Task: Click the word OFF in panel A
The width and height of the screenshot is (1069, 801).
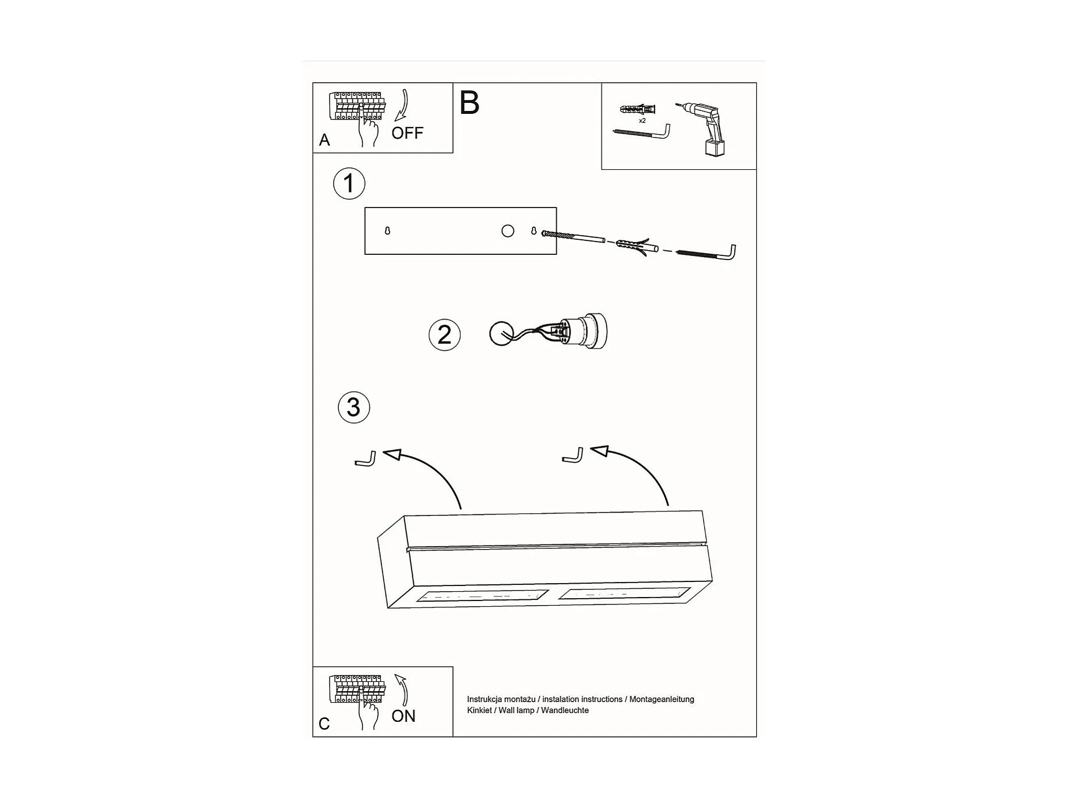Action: tap(407, 133)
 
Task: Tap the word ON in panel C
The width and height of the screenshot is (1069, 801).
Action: tap(403, 716)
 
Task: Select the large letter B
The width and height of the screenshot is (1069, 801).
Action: tap(469, 103)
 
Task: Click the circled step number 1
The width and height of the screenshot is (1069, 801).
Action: tap(349, 184)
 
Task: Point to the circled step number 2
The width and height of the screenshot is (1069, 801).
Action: tap(444, 335)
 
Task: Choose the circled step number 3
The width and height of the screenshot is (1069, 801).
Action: tap(353, 407)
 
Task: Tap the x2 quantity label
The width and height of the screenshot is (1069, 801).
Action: tap(642, 121)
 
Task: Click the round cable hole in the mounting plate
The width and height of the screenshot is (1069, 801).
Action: tap(507, 231)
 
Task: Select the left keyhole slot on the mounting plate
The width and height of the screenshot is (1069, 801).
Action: tap(387, 231)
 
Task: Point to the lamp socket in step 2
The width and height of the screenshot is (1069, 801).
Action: tap(584, 331)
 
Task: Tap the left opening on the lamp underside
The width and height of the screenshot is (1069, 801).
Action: tap(482, 595)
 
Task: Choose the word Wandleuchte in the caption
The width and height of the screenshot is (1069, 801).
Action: tap(565, 710)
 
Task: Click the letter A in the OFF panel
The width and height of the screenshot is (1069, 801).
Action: tap(324, 140)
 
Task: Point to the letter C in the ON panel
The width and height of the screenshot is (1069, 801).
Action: tap(324, 724)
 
